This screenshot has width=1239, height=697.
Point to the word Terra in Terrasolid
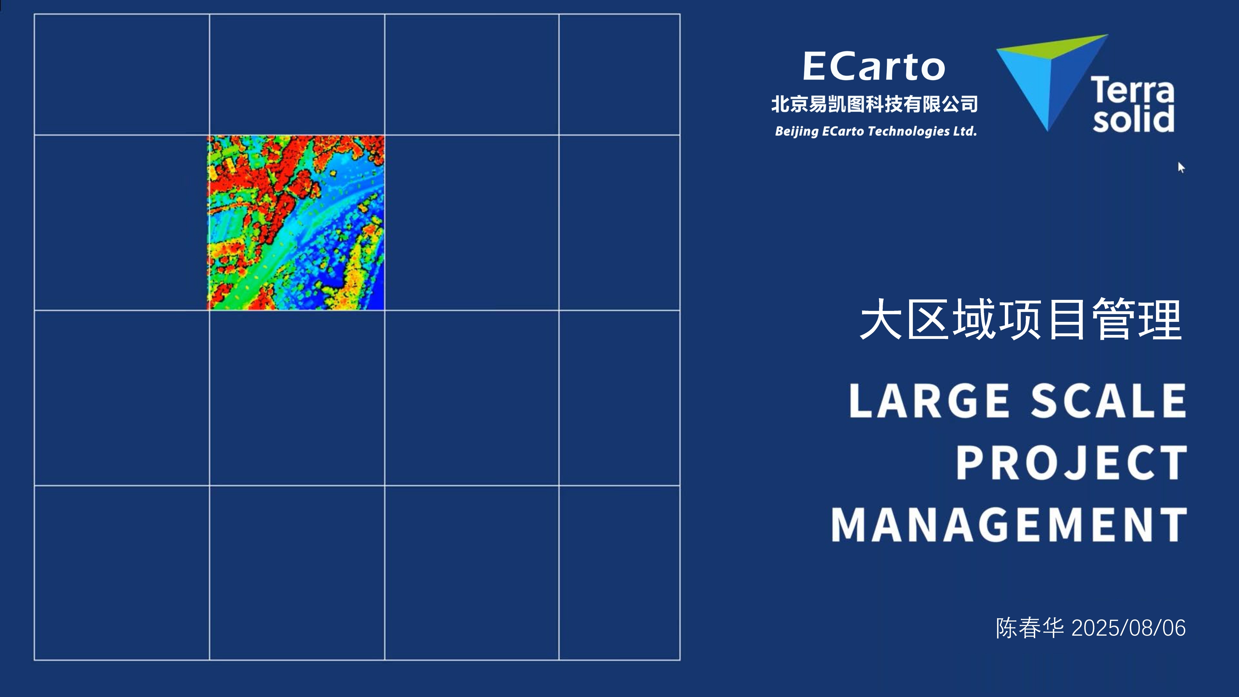(x=1132, y=90)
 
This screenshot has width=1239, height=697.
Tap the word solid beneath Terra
(x=1133, y=119)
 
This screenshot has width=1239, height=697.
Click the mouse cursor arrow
(x=1181, y=167)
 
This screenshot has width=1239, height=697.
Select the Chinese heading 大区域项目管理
(x=1021, y=319)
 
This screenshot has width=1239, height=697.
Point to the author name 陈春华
(x=1030, y=628)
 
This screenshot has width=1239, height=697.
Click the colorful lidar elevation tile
(x=296, y=223)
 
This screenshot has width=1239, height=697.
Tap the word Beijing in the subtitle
(x=796, y=131)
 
